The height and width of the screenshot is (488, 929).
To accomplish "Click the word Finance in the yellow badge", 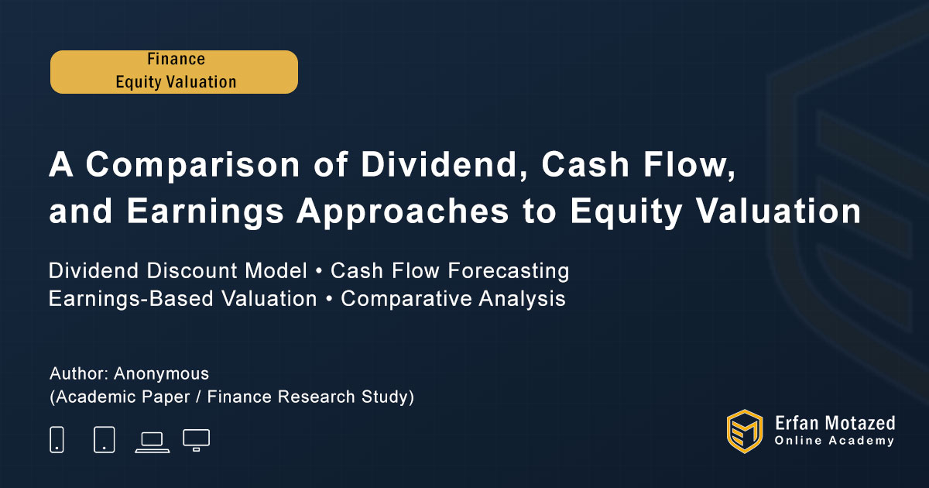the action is [x=176, y=59].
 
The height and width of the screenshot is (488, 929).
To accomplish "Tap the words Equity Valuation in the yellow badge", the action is [x=176, y=82].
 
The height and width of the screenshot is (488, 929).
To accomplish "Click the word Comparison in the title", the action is [x=193, y=166].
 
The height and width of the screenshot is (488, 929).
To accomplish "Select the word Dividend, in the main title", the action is [x=444, y=165].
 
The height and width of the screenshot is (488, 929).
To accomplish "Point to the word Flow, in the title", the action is [x=689, y=165].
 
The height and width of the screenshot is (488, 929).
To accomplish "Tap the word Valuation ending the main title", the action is [x=778, y=211].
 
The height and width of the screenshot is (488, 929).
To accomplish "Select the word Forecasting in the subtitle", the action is [x=509, y=271].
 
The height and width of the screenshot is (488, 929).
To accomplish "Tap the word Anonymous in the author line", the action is [x=161, y=374].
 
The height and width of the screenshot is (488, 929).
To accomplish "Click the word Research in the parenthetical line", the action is [x=317, y=397].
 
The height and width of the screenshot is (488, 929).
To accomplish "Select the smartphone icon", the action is [x=57, y=439].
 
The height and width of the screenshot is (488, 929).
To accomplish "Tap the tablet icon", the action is [x=105, y=439].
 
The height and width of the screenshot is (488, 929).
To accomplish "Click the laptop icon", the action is [x=153, y=443].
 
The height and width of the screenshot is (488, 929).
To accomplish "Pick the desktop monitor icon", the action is [x=196, y=440].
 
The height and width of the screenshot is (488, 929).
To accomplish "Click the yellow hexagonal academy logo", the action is [x=745, y=431].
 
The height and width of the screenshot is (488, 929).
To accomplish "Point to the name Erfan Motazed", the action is [x=835, y=423].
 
